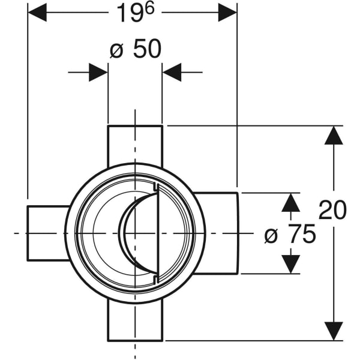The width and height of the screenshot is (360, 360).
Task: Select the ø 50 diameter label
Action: (x=136, y=50)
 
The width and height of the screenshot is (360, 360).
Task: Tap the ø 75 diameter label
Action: (x=290, y=235)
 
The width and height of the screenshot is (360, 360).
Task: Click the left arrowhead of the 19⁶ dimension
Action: (x=37, y=12)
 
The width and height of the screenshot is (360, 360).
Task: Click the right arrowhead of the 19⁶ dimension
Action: (x=227, y=12)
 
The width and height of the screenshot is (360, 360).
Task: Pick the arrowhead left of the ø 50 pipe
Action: (x=98, y=73)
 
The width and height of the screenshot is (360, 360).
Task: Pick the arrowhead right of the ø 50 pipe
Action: (x=172, y=73)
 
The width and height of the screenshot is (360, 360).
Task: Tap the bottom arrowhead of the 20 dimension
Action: (x=333, y=331)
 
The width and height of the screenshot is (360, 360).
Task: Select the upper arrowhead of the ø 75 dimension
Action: (x=290, y=202)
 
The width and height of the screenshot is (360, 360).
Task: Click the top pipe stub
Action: (x=135, y=144)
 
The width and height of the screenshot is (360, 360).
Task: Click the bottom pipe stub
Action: (x=135, y=321)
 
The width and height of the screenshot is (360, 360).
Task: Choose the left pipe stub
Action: (x=47, y=233)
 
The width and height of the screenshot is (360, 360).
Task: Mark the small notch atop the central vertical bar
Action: (x=156, y=188)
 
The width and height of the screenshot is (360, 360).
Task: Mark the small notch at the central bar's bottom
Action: (x=156, y=278)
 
